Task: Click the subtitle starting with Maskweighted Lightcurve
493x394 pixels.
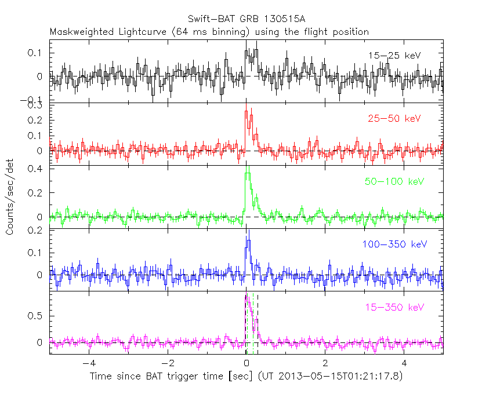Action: pyautogui.click(x=209, y=32)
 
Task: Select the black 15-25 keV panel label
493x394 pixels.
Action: pyautogui.click(x=394, y=56)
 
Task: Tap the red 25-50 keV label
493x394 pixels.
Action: pyautogui.click(x=394, y=119)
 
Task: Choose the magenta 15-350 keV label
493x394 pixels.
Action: pyautogui.click(x=394, y=307)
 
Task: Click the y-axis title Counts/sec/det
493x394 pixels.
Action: pyautogui.click(x=10, y=197)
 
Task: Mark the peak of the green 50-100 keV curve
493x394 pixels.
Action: pyautogui.click(x=248, y=173)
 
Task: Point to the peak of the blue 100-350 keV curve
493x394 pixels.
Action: pyautogui.click(x=248, y=239)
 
